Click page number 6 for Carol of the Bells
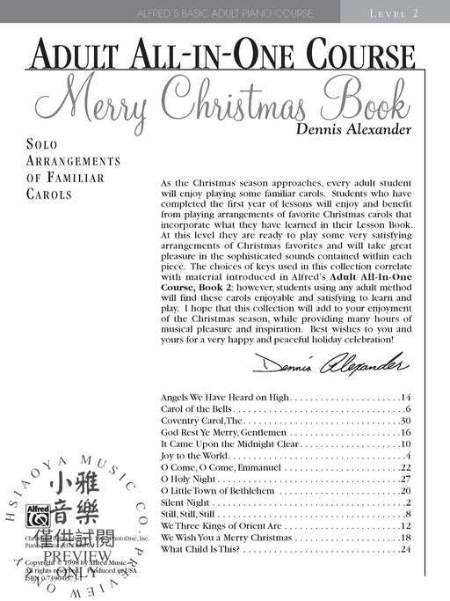pos(409,410)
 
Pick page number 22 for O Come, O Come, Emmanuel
pos(406,467)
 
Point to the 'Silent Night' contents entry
pos(185,502)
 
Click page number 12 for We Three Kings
pos(406,525)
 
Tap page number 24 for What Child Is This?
pos(406,549)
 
